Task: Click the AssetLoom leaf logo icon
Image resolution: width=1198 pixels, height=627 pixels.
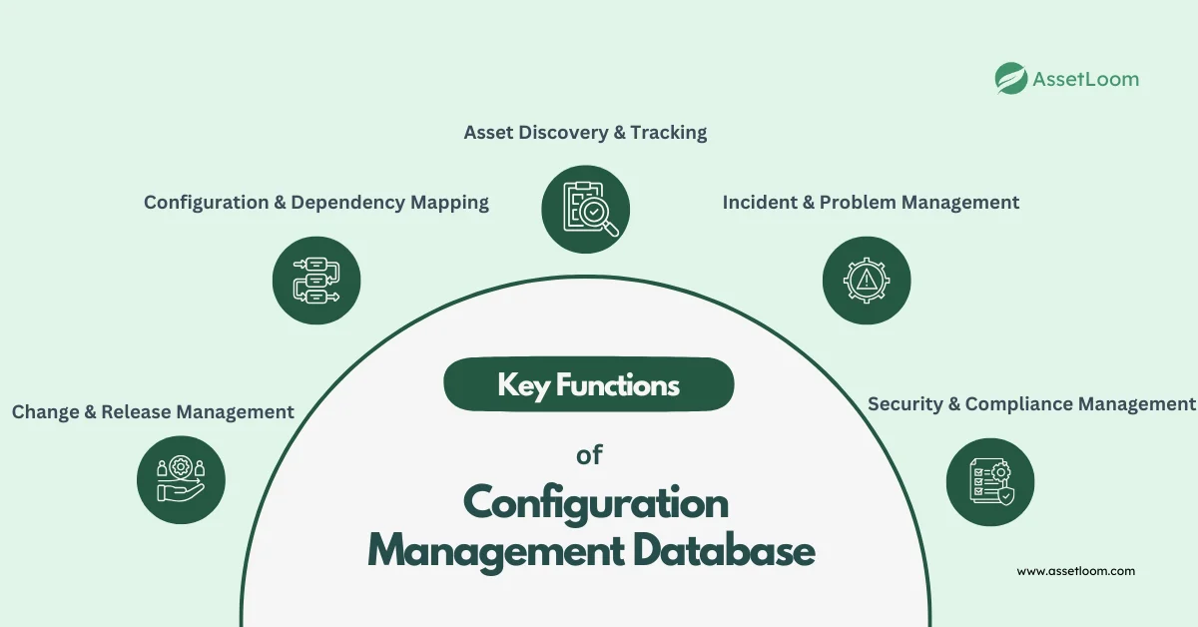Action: click(x=1011, y=78)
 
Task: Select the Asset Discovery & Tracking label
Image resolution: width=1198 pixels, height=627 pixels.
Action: click(x=585, y=132)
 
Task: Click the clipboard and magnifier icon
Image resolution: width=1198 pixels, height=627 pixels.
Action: click(x=585, y=209)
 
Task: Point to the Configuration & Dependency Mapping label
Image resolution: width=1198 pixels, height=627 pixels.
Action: click(x=316, y=202)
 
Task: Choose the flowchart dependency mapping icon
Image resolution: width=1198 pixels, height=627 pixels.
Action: click(x=316, y=280)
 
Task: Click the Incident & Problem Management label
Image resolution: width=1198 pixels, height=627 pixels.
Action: click(x=871, y=202)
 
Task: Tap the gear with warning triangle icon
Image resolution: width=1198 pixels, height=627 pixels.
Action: click(x=867, y=280)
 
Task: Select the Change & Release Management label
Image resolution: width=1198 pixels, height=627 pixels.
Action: click(x=153, y=411)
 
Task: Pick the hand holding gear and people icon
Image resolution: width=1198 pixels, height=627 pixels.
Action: click(x=181, y=480)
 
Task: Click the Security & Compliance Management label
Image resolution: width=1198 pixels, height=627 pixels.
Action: click(x=1030, y=403)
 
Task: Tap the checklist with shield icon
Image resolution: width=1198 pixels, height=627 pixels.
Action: click(x=990, y=482)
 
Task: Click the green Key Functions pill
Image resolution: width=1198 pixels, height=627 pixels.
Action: click(x=588, y=384)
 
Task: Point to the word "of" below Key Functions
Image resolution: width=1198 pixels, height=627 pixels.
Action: click(x=589, y=456)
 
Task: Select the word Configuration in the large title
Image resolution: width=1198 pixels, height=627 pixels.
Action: click(x=596, y=503)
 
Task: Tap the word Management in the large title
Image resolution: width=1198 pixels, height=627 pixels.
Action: click(x=483, y=552)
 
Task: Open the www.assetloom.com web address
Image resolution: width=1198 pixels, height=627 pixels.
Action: click(x=1075, y=571)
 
